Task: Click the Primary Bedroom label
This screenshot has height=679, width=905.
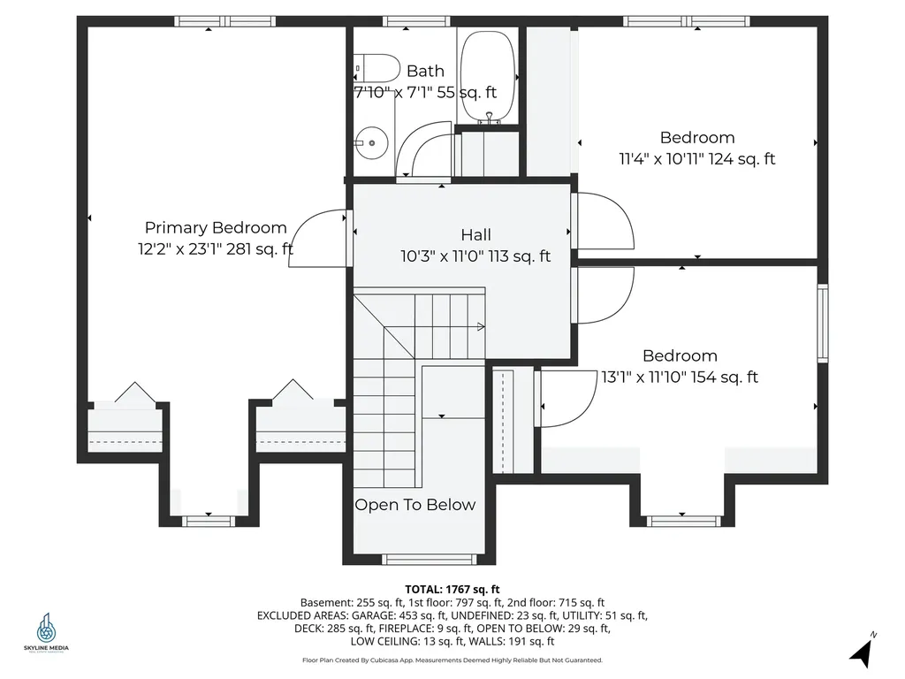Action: (216, 227)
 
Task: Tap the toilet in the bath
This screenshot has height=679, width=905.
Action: (376, 68)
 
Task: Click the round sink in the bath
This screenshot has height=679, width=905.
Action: (374, 140)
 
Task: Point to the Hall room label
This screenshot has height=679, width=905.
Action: (475, 234)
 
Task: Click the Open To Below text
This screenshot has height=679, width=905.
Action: (414, 505)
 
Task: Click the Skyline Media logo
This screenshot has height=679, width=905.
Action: (47, 632)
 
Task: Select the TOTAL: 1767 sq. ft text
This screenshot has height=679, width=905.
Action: (452, 589)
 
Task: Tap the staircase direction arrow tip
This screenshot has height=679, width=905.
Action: (482, 327)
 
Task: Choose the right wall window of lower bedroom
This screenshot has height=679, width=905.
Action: (822, 323)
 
